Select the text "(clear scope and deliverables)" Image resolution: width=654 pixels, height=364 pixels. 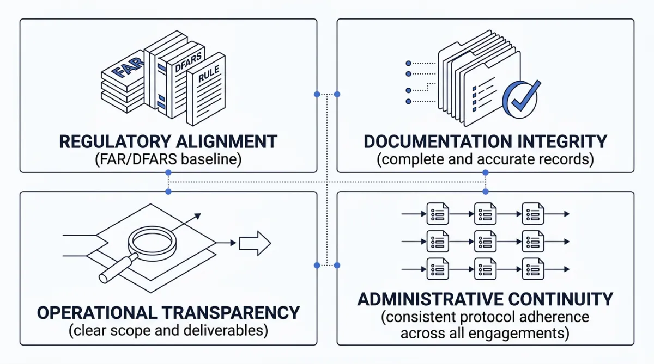click(168, 330)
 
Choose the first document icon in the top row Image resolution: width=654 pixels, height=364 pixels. click(438, 214)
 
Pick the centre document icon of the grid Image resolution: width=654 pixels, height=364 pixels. click(485, 240)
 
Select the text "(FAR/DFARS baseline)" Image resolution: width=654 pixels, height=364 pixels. click(168, 160)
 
